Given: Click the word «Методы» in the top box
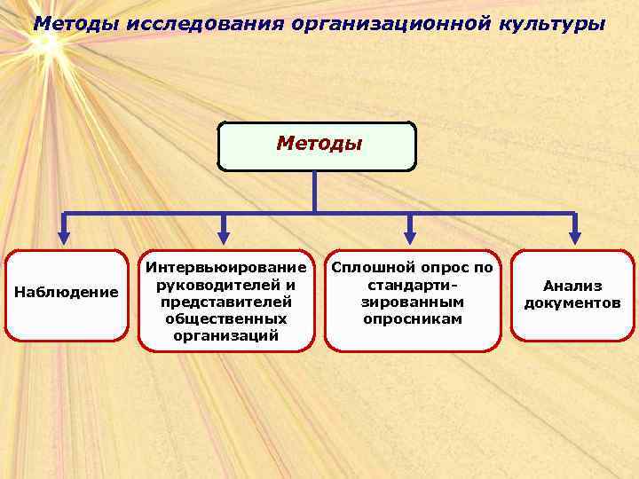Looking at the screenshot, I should (319, 143).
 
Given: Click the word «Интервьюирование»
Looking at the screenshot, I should (226, 267).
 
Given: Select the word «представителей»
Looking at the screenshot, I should (226, 302).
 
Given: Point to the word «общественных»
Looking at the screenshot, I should (226, 318).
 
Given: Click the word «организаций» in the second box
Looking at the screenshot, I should (226, 335).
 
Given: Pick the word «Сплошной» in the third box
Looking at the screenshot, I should (368, 267).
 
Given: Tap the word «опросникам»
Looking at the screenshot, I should (413, 318).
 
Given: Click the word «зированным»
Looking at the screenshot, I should (413, 302).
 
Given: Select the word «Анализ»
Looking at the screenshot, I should (572, 286).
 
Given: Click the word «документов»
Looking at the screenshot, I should (572, 303).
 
